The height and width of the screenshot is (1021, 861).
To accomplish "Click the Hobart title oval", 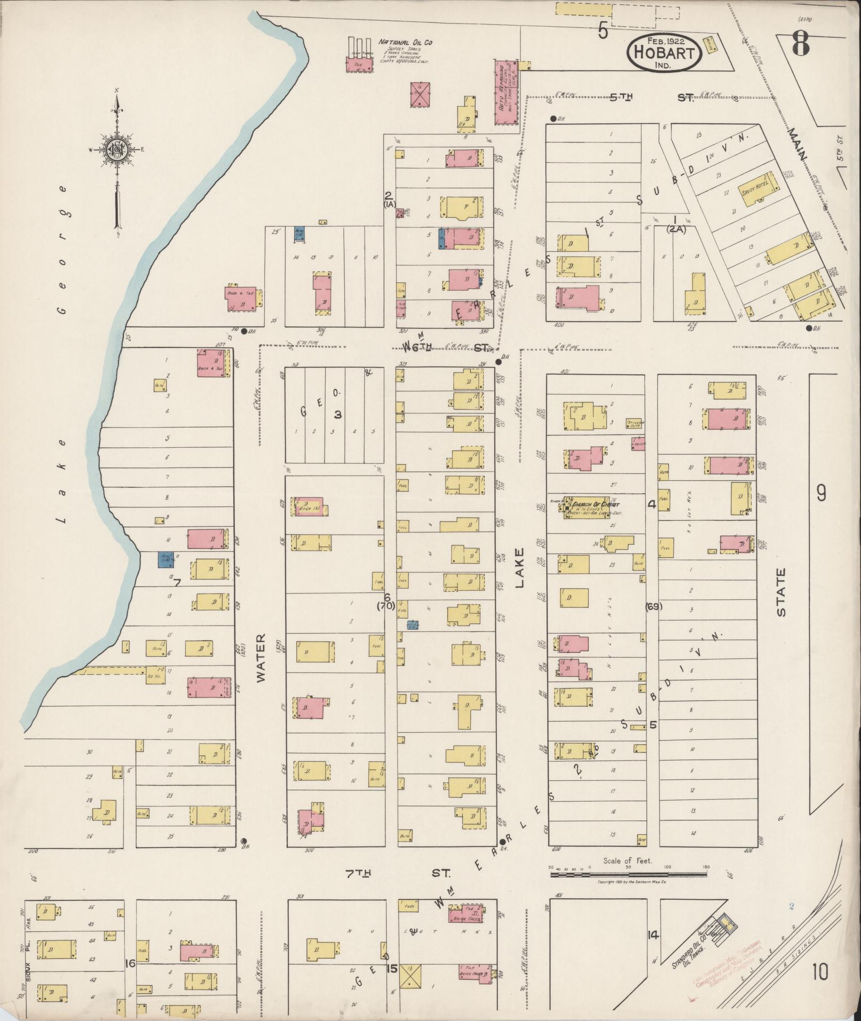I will click(664, 53).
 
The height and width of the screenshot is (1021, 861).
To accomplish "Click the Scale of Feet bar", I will click(628, 874).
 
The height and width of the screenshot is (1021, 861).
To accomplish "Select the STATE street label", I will click(781, 592).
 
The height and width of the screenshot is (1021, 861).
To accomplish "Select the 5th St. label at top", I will click(652, 98).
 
